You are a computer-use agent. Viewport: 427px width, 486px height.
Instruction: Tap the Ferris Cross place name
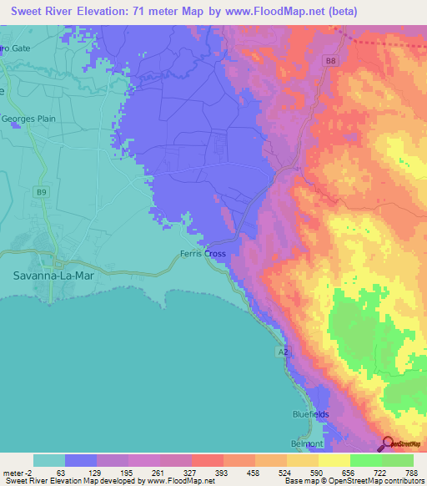point(203,254)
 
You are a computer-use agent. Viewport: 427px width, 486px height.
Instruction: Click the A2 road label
point(284,354)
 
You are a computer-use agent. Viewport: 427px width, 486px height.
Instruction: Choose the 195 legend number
point(128,471)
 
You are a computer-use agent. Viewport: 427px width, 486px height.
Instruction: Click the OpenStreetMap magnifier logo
point(388,443)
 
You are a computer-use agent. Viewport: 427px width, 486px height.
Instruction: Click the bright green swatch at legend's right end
point(397,460)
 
